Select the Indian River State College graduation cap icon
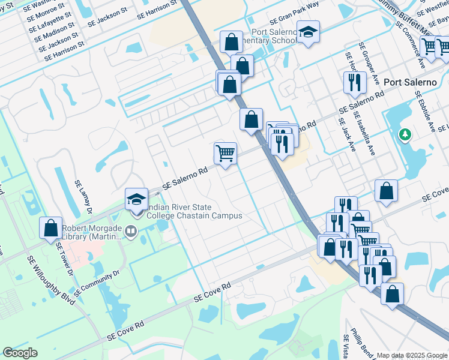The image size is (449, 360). [x=136, y=199]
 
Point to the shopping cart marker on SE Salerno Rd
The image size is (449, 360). [x=225, y=153]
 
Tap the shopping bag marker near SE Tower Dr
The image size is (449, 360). [x=51, y=227]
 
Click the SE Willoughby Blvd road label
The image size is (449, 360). [x=51, y=280]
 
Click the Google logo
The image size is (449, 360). [x=20, y=353]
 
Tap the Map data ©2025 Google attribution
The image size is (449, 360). [x=412, y=355]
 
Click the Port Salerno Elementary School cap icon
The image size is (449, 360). [x=309, y=31]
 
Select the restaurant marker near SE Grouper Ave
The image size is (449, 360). [x=355, y=82]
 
